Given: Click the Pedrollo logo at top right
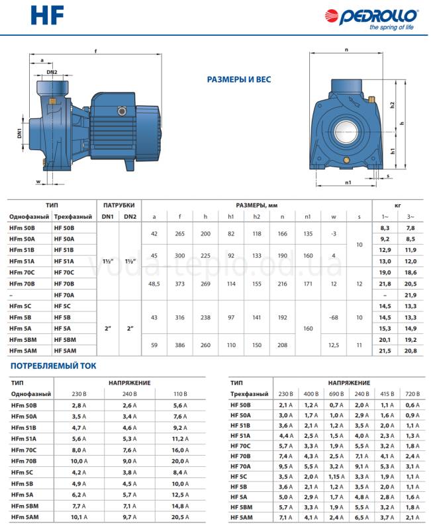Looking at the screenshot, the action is pos(371,19).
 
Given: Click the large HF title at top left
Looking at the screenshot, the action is pos(47,16).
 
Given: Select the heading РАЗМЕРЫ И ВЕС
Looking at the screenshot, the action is pos(239,79).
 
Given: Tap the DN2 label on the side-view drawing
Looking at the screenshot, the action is pos(52,72).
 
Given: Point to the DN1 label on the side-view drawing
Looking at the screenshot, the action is pos(19,134).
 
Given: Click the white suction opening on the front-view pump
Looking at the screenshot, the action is pos(346,132).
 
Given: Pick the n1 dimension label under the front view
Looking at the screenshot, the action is pos(348,183).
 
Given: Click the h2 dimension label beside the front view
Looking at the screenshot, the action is pos(392,105).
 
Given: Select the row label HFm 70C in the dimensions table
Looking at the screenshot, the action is pos(22,272).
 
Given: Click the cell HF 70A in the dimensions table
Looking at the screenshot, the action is pos(64,295).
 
